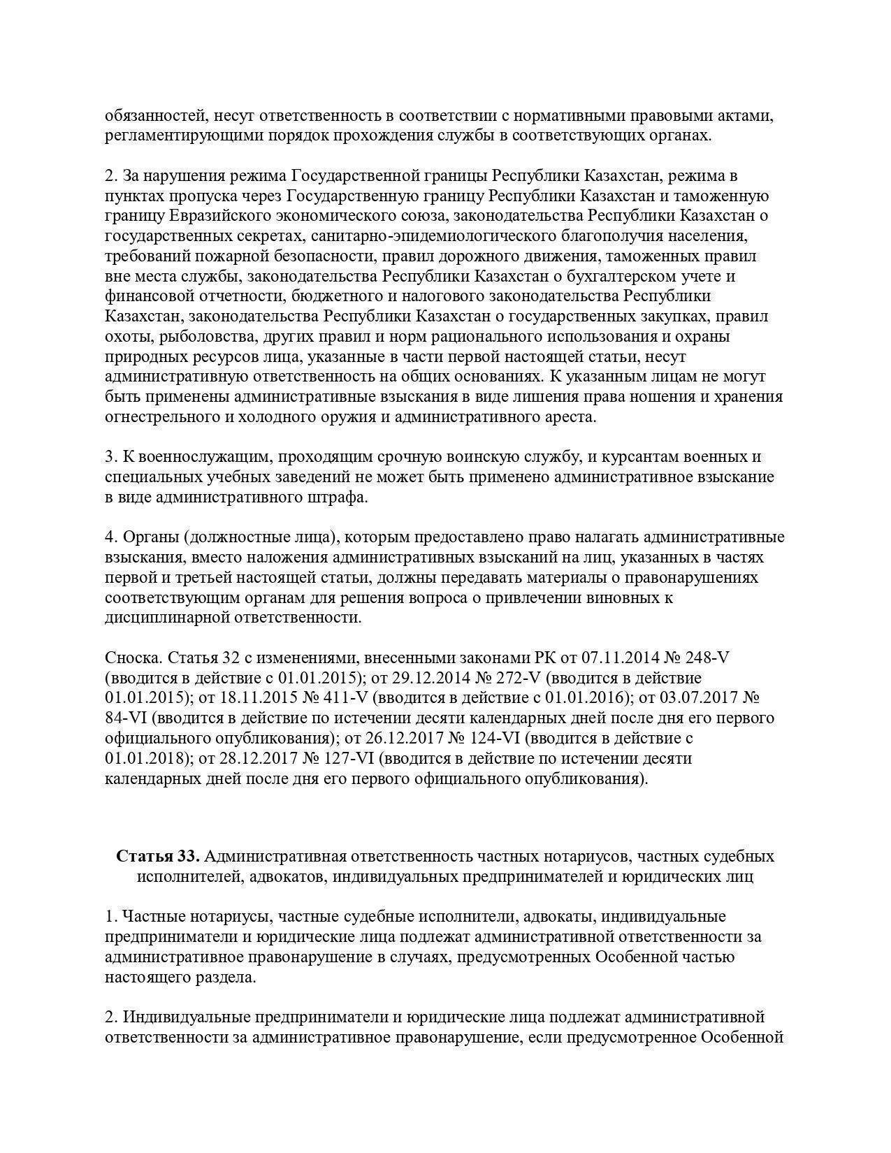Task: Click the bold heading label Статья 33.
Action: [x=159, y=856]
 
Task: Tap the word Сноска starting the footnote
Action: [x=131, y=658]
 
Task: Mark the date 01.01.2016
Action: [x=583, y=698]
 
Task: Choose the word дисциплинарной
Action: [x=167, y=618]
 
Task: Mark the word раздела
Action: [x=224, y=977]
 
